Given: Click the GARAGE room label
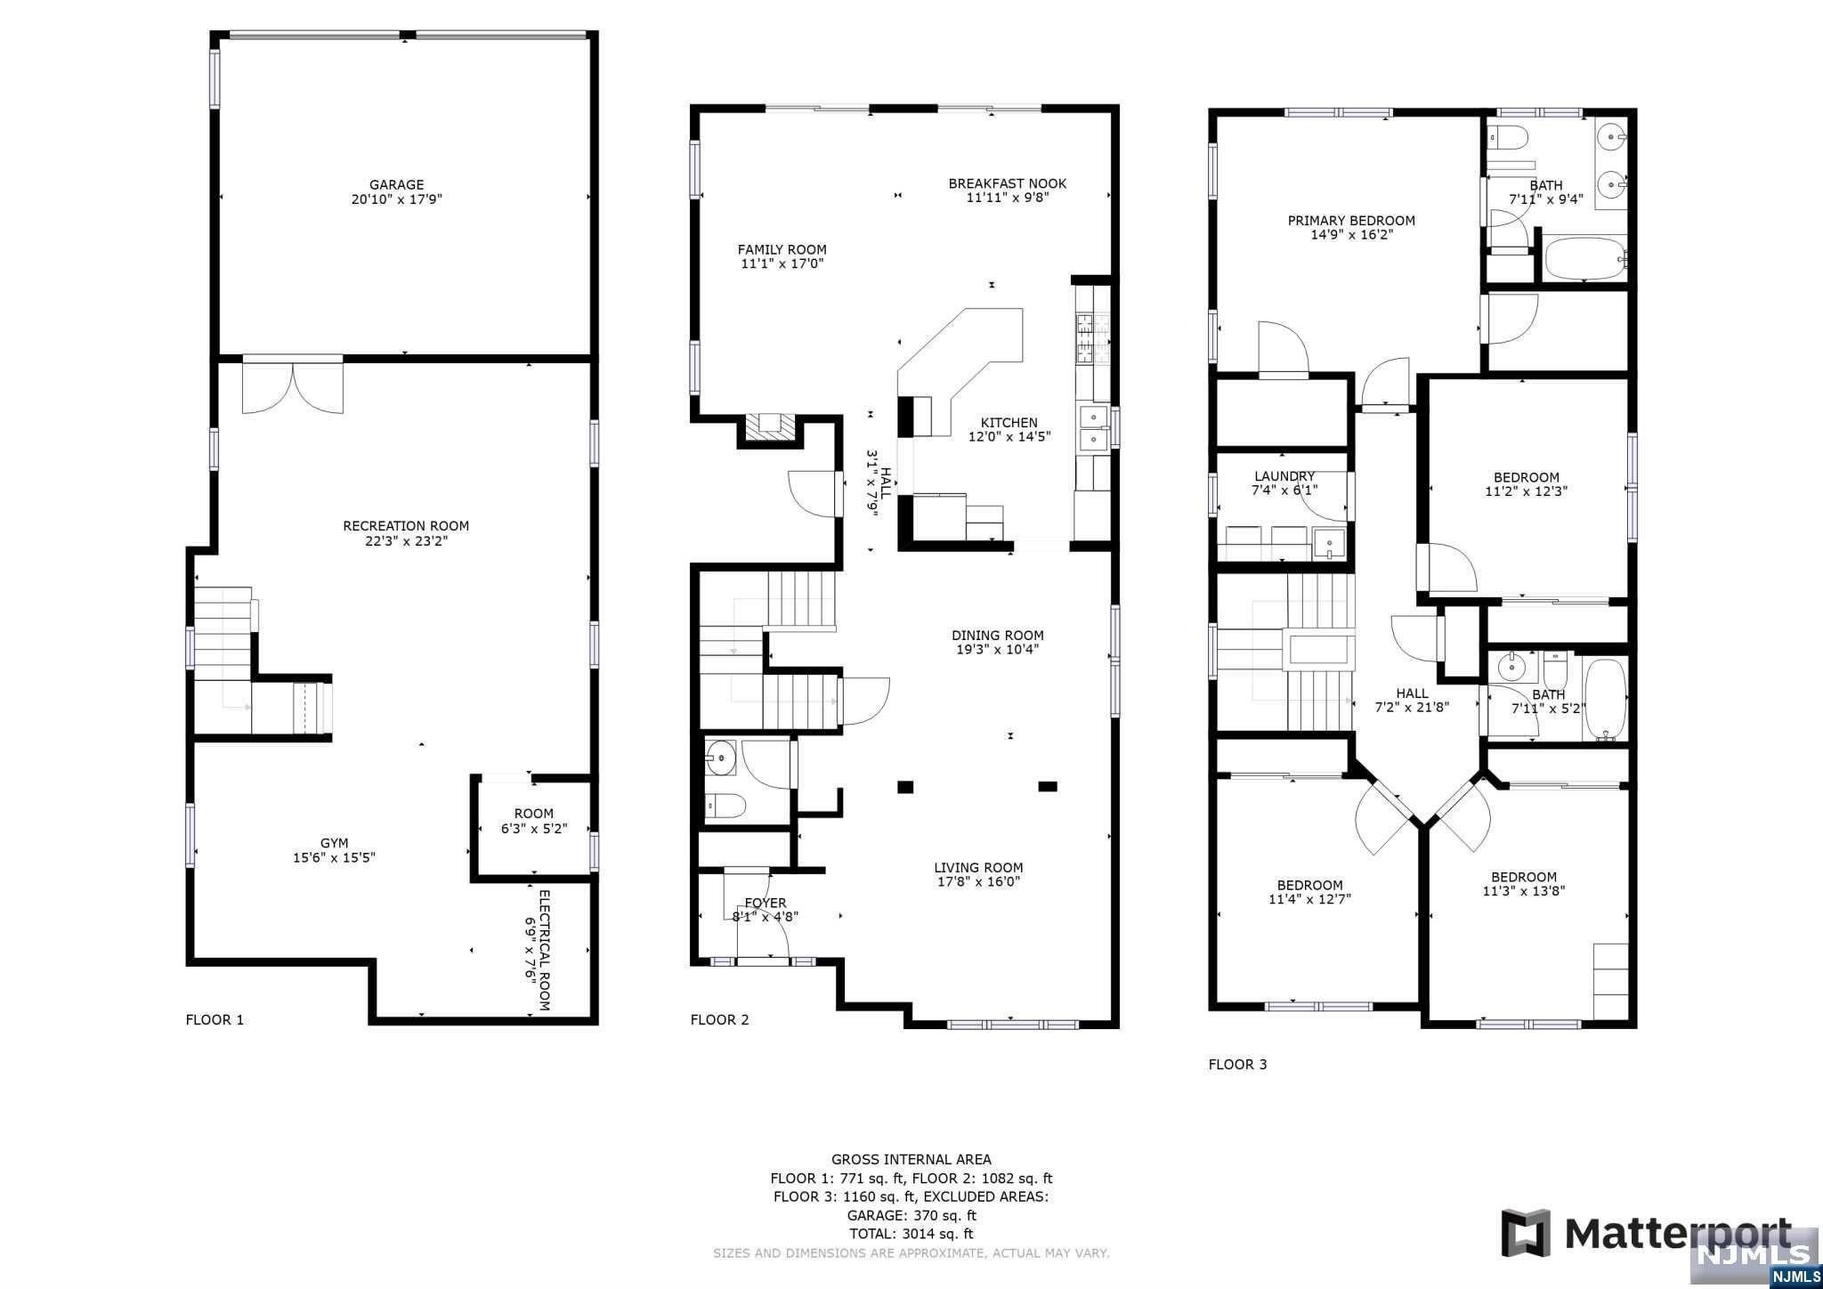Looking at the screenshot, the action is click(x=396, y=185).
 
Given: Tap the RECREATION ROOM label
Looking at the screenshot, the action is click(x=406, y=526).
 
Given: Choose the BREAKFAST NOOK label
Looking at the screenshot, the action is click(x=1008, y=183).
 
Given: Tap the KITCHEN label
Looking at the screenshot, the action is click(x=1009, y=423).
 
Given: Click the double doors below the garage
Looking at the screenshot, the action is click(x=293, y=385).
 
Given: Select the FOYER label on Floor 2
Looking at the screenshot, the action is click(x=766, y=903).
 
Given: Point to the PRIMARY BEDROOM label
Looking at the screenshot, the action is click(x=1351, y=221).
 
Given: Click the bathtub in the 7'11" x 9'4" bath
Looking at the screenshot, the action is click(x=1585, y=259).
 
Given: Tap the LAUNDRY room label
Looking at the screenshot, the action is click(x=1284, y=476).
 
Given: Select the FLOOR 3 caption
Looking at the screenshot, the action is click(x=1237, y=1064).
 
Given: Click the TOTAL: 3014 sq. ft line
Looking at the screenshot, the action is click(x=911, y=1234).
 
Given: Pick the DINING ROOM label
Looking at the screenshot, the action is click(x=998, y=636).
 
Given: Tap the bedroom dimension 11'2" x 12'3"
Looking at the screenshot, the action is click(x=1527, y=490).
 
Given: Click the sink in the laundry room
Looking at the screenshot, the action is click(x=1330, y=543).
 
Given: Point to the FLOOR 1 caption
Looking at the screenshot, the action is click(x=215, y=1019).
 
